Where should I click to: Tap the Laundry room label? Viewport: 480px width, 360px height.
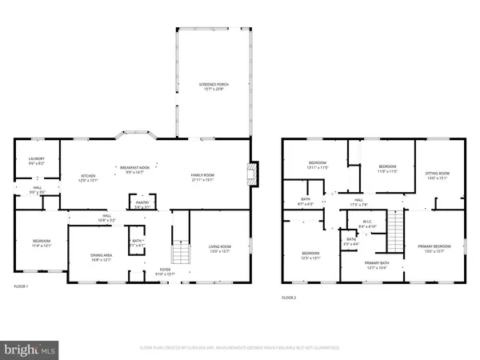click(x=36, y=160)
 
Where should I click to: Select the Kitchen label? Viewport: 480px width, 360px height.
click(x=88, y=177)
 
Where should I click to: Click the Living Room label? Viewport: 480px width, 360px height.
click(x=219, y=250)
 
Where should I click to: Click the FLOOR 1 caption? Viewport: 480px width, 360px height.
click(x=21, y=286)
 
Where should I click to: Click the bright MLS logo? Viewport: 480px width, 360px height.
click(x=30, y=349)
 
